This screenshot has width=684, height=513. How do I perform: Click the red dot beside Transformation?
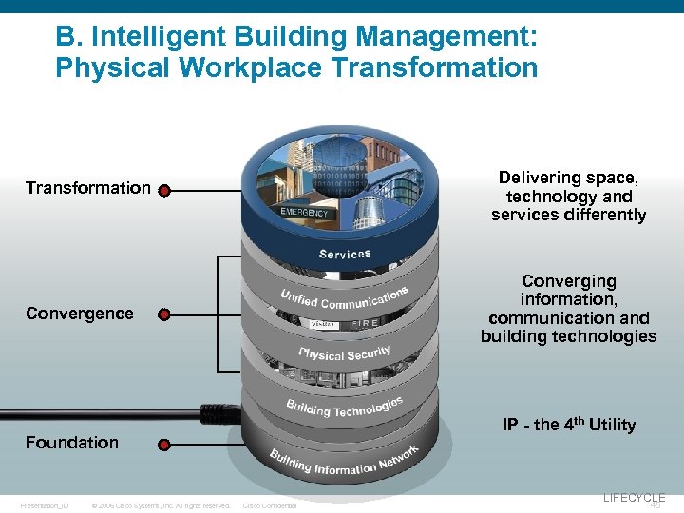(164, 190)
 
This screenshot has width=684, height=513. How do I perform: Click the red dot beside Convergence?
(164, 313)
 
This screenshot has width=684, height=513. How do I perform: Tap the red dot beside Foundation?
(164, 445)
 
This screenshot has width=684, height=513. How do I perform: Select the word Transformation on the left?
(87, 188)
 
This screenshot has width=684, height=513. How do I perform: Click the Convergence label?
(80, 313)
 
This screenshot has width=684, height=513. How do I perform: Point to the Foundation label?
(72, 443)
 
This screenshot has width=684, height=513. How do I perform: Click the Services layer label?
(345, 254)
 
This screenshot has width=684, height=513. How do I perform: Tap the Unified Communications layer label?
(344, 297)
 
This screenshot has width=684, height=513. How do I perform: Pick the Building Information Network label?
(344, 463)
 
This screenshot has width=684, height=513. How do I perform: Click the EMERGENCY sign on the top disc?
(304, 213)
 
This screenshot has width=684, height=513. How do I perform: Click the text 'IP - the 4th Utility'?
(568, 425)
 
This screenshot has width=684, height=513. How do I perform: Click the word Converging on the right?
(568, 281)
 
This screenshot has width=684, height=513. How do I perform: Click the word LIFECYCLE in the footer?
(634, 497)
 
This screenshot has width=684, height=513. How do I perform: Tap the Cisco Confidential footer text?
(270, 505)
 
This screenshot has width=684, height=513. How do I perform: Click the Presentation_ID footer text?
(45, 505)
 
